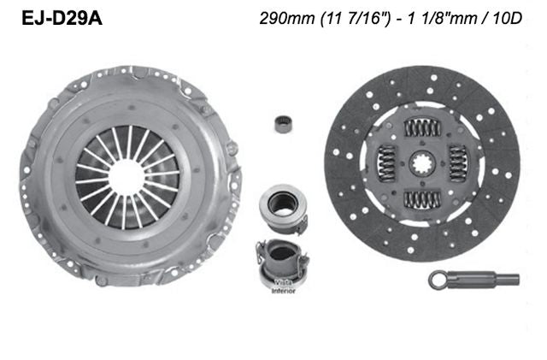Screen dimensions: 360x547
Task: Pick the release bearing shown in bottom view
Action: pyautogui.click(x=280, y=258)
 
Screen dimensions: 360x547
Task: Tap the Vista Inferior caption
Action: pyautogui.click(x=283, y=286)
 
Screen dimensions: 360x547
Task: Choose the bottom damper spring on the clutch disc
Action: pyautogui.click(x=422, y=199)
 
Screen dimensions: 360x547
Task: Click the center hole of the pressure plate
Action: pyautogui.click(x=126, y=177)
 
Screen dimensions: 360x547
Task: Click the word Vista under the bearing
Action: pyautogui.click(x=283, y=281)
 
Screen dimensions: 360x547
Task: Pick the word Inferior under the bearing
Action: pyautogui.click(x=283, y=291)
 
